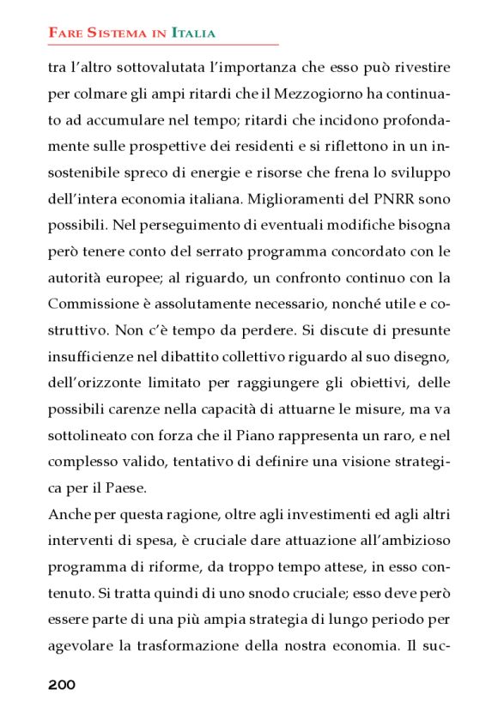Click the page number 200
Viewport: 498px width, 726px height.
click(62, 684)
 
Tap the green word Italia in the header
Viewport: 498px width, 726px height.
click(193, 33)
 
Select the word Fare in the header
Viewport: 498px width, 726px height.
click(65, 33)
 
